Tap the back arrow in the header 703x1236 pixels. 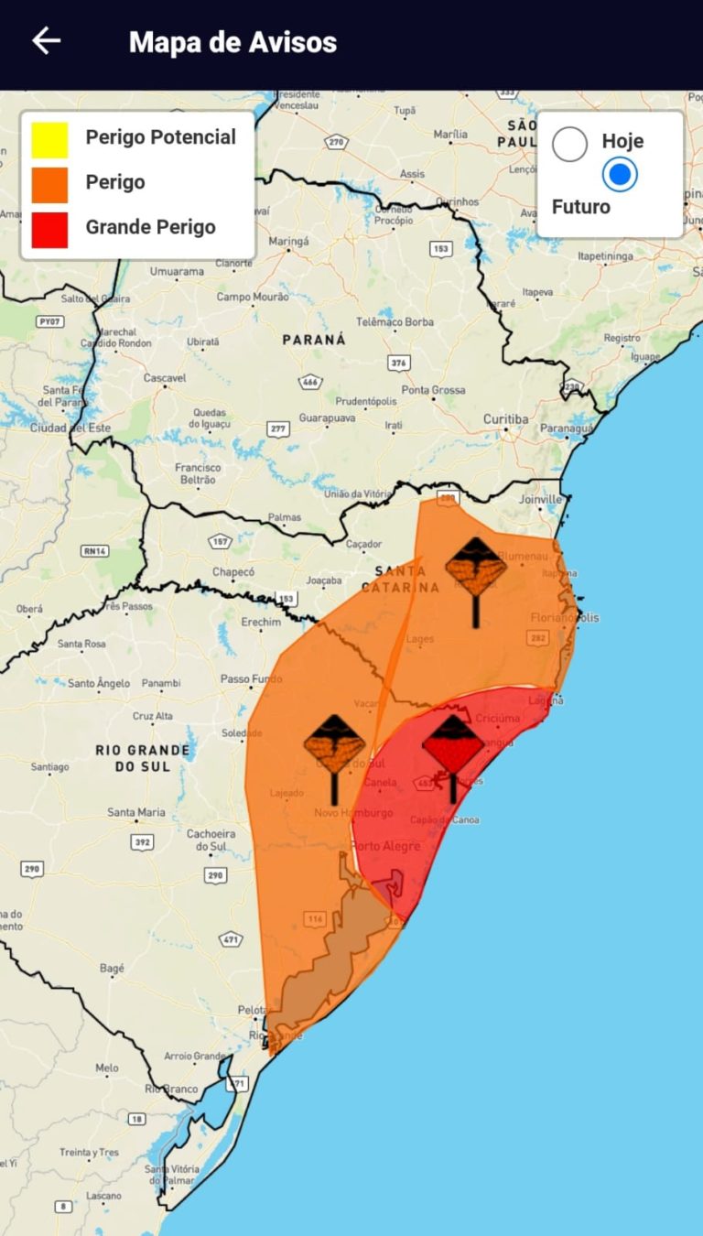coord(46,41)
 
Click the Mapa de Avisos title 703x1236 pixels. coord(233,42)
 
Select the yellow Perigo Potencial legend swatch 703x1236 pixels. coord(49,140)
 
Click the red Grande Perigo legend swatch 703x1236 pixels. coord(49,230)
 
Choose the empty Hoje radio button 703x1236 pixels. coord(569,145)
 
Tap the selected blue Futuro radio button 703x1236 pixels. coord(620,174)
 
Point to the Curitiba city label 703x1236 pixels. coord(505,419)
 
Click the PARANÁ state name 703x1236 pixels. coord(314,340)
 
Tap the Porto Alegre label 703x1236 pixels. coord(386,846)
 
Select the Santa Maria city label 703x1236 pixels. coord(136,812)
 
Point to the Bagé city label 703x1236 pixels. coord(111,968)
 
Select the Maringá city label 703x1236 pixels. coord(288,242)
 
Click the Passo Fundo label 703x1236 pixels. coord(251,679)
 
